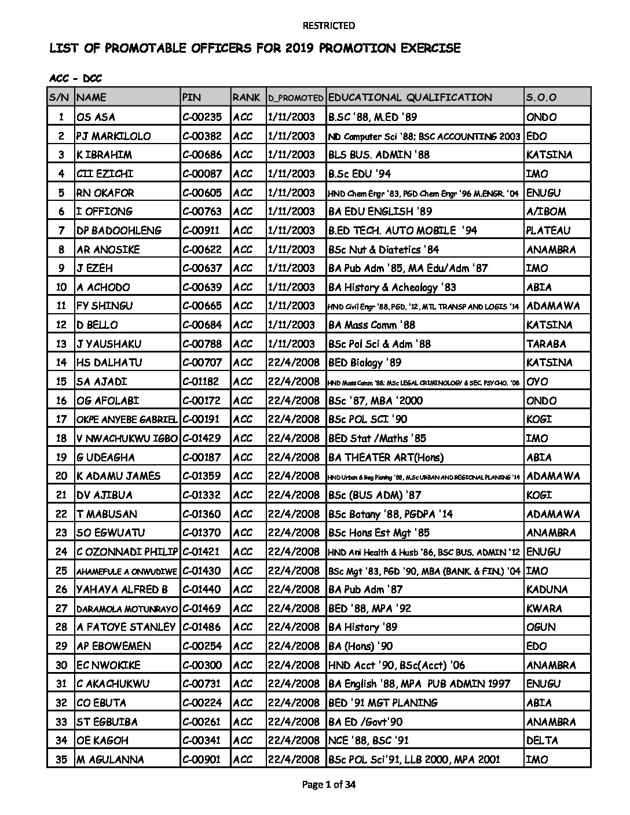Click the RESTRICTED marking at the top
pos(328,25)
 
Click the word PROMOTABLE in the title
pos(150,48)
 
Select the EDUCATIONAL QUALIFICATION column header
pos(409,97)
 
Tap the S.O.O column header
pos(541,97)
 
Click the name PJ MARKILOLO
pos(113,136)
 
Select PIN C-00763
pos(202,211)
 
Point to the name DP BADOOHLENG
pos(119,230)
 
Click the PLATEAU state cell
pos(548,230)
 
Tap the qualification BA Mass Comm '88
pos(371,325)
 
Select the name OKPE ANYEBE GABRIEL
pos(127,419)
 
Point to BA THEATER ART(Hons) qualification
pos(386,457)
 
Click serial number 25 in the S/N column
pos(61,571)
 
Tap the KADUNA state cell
pos(547,589)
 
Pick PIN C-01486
pos(202,627)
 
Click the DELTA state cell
pos(542,740)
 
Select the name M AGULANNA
pos(110,759)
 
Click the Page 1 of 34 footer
pos(328,785)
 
